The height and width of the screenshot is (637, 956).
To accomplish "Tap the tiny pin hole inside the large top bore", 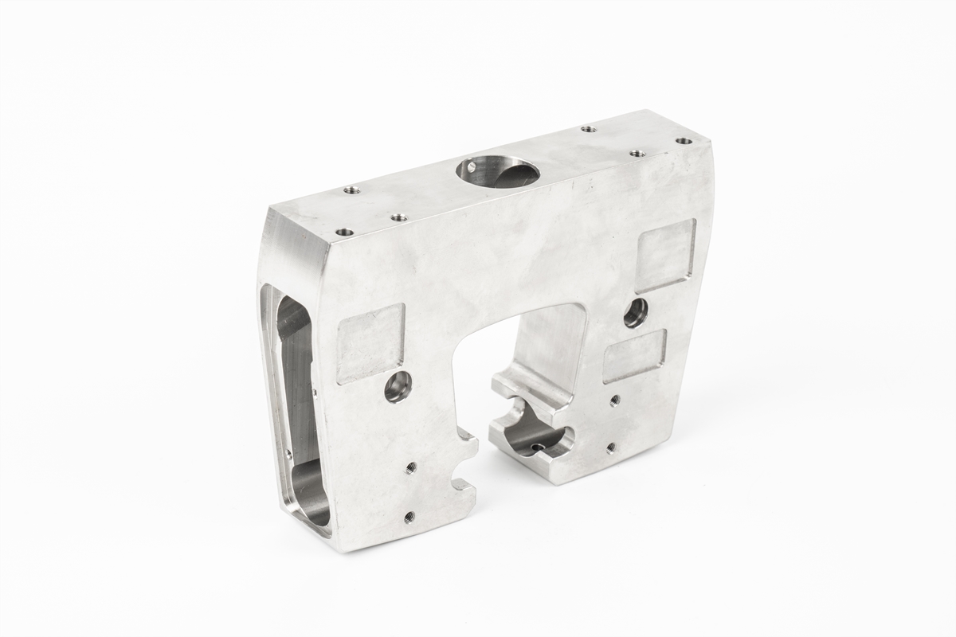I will pyautogui.click(x=472, y=167).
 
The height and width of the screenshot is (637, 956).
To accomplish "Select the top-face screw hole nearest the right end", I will pyautogui.click(x=683, y=141).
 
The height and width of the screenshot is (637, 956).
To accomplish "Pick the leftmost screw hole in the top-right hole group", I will pyautogui.click(x=588, y=128).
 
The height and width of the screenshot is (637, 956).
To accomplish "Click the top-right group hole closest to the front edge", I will pyautogui.click(x=637, y=153).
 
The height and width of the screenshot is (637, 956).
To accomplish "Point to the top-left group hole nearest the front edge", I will pyautogui.click(x=344, y=233).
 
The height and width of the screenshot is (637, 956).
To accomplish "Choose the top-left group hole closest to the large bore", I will pyautogui.click(x=399, y=217).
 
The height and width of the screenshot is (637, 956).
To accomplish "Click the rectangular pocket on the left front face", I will pyautogui.click(x=370, y=343).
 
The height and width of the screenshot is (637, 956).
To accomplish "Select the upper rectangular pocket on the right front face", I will pyautogui.click(x=665, y=255).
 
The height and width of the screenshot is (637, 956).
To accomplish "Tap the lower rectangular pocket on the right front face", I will pyautogui.click(x=635, y=355).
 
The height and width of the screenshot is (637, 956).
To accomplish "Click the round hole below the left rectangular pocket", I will pyautogui.click(x=398, y=387).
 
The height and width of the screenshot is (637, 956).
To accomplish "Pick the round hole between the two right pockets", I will pyautogui.click(x=636, y=313).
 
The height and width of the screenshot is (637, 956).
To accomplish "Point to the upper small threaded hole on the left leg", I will pyautogui.click(x=411, y=467).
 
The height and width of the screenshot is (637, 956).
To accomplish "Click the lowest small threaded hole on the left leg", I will pyautogui.click(x=409, y=517).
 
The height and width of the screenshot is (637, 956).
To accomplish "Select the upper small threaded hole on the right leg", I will pyautogui.click(x=614, y=401).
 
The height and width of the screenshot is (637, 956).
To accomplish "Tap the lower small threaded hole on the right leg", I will pyautogui.click(x=610, y=447).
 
